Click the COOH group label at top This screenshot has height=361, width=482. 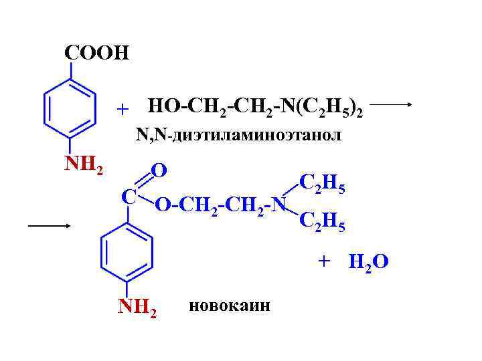click(x=96, y=53)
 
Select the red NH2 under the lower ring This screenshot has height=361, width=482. click(x=138, y=308)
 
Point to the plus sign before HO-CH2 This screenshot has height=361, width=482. click(x=122, y=108)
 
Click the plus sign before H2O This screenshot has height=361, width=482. click(x=325, y=261)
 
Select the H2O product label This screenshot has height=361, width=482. click(x=368, y=261)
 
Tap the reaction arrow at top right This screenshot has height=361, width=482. click(x=395, y=105)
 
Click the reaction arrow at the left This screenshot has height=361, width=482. click(x=50, y=226)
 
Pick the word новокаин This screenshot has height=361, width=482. click(x=230, y=306)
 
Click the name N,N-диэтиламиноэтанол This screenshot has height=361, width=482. click(x=238, y=135)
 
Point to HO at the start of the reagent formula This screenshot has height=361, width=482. click(x=161, y=106)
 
